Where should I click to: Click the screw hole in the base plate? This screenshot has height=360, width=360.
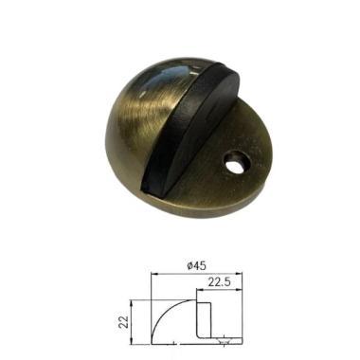[236, 164]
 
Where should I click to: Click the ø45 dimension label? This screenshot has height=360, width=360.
[196, 266]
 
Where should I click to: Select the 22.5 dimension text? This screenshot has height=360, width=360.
[219, 281]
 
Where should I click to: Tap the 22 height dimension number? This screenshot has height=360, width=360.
[125, 321]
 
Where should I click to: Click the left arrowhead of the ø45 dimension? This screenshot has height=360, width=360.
[154, 274]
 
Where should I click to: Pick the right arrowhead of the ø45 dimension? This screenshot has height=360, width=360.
[239, 274]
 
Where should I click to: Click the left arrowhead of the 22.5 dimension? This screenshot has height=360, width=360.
[200, 289]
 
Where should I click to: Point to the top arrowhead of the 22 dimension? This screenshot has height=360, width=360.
[132, 303]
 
